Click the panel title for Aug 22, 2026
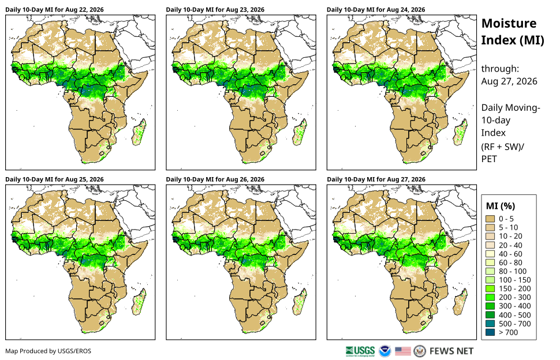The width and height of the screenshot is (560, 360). (x=54, y=10)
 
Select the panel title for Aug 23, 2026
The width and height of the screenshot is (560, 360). (x=215, y=10)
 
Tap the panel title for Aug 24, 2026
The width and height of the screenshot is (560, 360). (x=376, y=10)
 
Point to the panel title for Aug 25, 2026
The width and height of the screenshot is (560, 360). (x=54, y=179)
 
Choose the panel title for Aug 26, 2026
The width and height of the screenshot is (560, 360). (x=215, y=179)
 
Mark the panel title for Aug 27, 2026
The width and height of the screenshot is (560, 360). (x=376, y=179)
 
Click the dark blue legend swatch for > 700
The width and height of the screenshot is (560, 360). (x=490, y=332)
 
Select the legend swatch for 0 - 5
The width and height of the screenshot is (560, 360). (x=490, y=219)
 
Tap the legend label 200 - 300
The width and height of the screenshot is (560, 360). (x=514, y=297)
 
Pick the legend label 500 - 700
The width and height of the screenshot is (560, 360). (x=514, y=324)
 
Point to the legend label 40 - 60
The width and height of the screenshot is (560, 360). (x=510, y=254)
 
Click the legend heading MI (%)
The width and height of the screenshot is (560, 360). (x=501, y=206)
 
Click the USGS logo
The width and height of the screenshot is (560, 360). (x=360, y=351)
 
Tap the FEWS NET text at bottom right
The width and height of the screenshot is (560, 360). (x=451, y=351)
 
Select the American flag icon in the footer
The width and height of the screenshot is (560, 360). (x=403, y=351)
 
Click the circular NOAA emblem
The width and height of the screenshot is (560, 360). (x=384, y=351)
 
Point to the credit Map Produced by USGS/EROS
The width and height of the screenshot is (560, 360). (x=48, y=351)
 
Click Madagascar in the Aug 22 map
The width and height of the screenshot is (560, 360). (x=139, y=132)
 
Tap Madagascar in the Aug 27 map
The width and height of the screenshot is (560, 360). (x=461, y=302)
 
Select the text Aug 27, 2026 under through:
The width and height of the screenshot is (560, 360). (x=509, y=81)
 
